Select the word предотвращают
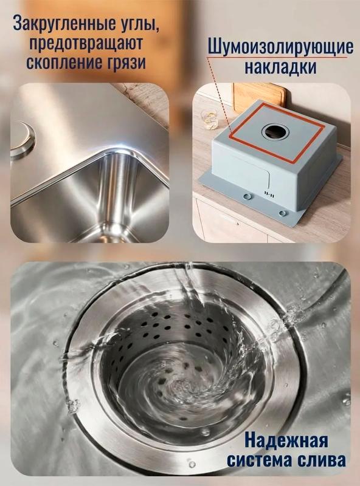pyautogui.click(x=86, y=43)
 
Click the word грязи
pyautogui.click(x=127, y=63)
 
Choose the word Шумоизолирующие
pyautogui.click(x=280, y=47)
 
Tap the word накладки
pyautogui.click(x=280, y=67)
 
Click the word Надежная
pyautogui.click(x=286, y=440)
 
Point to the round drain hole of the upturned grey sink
pyautogui.click(x=275, y=132)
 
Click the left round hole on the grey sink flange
pyautogui.click(x=247, y=196)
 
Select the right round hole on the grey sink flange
pyautogui.click(x=282, y=213)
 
